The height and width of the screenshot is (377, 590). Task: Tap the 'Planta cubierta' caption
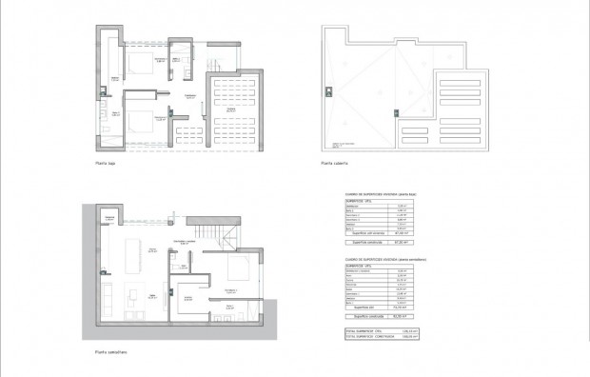[334, 164]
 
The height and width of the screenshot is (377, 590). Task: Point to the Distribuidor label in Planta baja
[190, 96]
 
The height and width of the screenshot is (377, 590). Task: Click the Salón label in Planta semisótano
[150, 321]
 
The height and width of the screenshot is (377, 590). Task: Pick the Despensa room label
[110, 218]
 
